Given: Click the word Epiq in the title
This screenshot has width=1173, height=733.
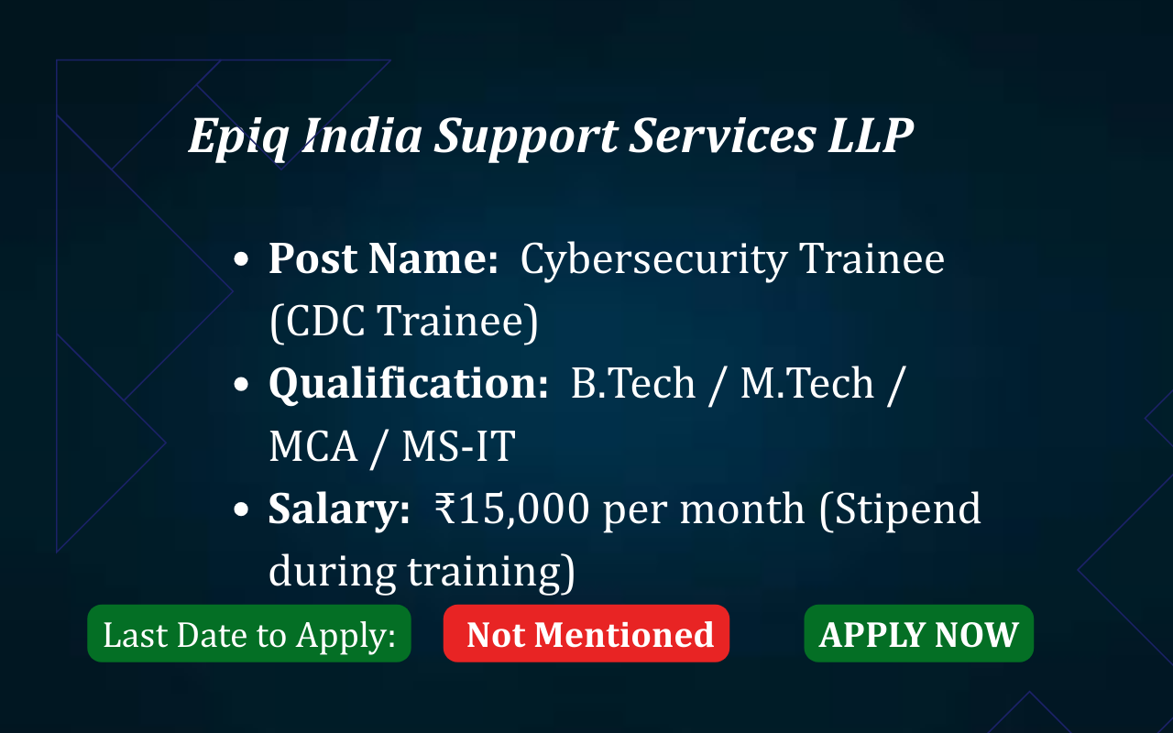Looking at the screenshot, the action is click(238, 137).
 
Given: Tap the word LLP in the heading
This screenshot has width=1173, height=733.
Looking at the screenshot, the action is click(871, 135).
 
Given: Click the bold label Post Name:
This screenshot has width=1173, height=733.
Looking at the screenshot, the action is click(383, 258).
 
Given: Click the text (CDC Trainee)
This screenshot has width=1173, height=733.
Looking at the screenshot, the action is click(404, 322).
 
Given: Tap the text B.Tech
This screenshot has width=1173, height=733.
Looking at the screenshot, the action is click(633, 383).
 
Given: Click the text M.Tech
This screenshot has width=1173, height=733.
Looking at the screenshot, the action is click(807, 383).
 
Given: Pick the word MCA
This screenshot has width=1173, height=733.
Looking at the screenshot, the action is click(313, 446).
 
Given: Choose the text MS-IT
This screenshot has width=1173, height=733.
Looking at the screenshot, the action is click(459, 446).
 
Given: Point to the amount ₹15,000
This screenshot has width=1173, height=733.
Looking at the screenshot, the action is click(512, 509).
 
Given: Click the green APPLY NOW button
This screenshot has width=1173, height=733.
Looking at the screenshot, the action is click(918, 633).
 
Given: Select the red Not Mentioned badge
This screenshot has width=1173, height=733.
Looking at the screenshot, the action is click(586, 633).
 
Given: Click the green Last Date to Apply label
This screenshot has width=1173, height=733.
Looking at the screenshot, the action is click(249, 633).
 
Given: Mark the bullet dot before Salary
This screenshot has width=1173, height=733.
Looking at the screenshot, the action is click(241, 509).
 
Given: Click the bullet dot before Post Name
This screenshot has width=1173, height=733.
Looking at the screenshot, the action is click(241, 259).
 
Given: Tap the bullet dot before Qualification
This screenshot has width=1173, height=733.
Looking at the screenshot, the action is click(241, 384).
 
